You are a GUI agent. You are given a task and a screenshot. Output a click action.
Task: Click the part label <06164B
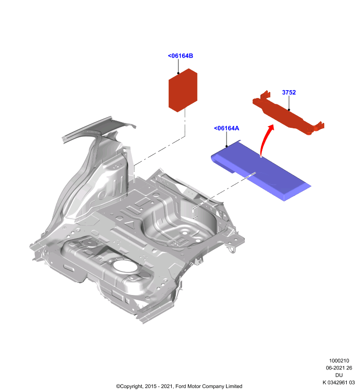(x=180, y=56)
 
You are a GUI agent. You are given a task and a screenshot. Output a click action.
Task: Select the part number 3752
(x=289, y=92)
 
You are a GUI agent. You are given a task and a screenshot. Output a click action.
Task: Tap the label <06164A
(x=227, y=128)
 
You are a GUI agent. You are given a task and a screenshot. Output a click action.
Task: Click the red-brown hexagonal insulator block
(x=183, y=90)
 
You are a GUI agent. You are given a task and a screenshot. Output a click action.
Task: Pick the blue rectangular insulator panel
(x=260, y=170)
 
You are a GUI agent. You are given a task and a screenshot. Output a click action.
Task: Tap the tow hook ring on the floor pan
(x=232, y=249)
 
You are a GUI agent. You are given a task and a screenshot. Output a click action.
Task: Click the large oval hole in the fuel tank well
(x=125, y=266)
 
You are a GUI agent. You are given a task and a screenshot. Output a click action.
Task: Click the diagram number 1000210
(x=339, y=361)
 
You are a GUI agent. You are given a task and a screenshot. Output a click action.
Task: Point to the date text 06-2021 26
(x=339, y=368)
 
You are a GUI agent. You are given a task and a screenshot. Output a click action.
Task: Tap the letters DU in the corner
(x=339, y=375)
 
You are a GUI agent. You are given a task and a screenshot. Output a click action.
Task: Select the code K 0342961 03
(x=339, y=382)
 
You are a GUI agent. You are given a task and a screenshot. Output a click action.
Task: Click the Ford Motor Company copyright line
(x=179, y=386)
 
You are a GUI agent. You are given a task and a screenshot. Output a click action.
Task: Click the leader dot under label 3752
(x=289, y=110)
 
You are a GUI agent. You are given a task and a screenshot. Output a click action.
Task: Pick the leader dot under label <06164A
(x=227, y=146)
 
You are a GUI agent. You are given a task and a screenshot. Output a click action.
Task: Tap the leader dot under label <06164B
(x=179, y=73)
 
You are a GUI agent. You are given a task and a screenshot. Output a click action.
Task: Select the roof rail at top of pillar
(x=99, y=127)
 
